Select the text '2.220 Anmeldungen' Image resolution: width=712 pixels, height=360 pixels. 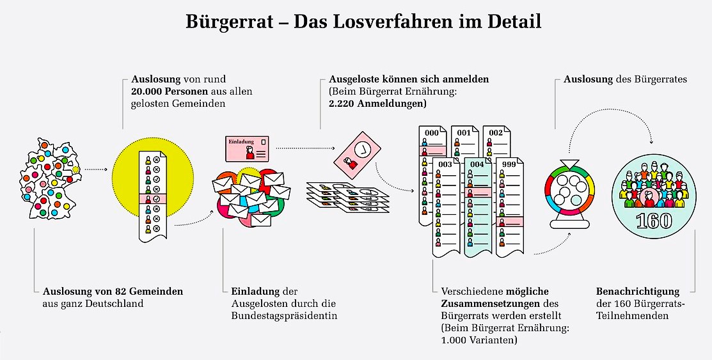[377, 103]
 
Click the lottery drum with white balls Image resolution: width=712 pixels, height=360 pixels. [569, 192]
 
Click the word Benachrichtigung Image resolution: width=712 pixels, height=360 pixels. [637, 291]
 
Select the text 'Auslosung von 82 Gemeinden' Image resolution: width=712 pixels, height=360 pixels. [113, 291]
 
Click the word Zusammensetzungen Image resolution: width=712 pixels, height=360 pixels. [486, 304]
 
